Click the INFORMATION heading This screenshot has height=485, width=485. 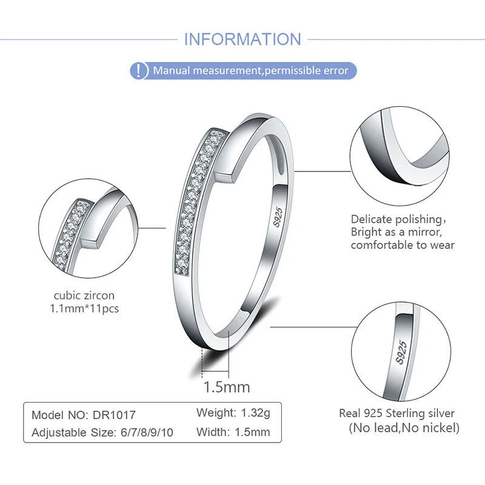(242, 39)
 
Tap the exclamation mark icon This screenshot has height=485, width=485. (140, 70)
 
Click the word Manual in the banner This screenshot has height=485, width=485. (171, 71)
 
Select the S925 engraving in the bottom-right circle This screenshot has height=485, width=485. (401, 351)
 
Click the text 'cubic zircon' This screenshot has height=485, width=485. (84, 296)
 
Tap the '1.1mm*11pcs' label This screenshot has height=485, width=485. (84, 309)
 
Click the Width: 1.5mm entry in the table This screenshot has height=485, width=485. (233, 432)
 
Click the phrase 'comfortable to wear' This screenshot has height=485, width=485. (403, 246)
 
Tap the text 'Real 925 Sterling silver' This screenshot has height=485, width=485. (396, 414)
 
